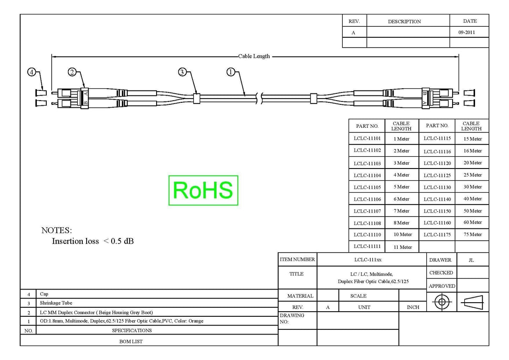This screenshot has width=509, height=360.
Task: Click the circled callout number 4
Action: pyautogui.click(x=31, y=72)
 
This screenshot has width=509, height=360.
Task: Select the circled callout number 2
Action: pyautogui.click(x=72, y=72)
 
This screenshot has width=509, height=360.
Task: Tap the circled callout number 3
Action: pyautogui.click(x=182, y=72)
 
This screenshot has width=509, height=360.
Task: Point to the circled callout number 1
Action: pyautogui.click(x=231, y=72)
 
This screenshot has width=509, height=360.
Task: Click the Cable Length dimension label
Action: pyautogui.click(x=254, y=56)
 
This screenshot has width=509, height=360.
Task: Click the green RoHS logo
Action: pyautogui.click(x=203, y=190)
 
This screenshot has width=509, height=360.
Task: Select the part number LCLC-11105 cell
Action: pyautogui.click(x=367, y=187)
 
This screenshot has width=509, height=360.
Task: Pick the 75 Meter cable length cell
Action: pyautogui.click(x=473, y=234)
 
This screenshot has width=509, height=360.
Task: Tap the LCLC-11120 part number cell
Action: pyautogui.click(x=437, y=163)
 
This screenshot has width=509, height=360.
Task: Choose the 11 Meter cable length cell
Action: pyautogui.click(x=403, y=247)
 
